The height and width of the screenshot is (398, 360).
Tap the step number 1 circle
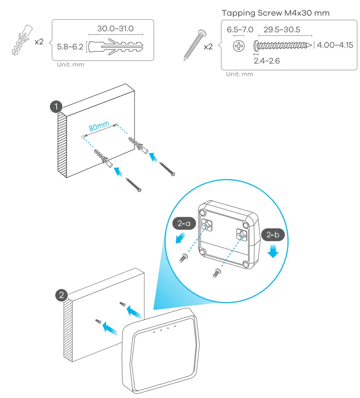[x=55, y=107]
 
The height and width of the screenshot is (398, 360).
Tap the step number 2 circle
[x=61, y=295]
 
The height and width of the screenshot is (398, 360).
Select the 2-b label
[x=273, y=235]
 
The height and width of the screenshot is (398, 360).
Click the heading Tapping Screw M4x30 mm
[x=276, y=13]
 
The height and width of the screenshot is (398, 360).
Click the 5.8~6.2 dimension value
[x=70, y=46]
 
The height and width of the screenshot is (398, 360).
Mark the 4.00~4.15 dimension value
[x=336, y=45]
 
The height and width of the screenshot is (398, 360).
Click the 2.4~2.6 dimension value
[x=267, y=60]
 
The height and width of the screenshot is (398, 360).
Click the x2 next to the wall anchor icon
[x=39, y=41]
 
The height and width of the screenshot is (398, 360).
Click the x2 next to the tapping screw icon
[x=208, y=47]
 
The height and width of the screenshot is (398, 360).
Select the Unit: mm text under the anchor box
[x=70, y=65]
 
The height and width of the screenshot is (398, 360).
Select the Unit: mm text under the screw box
[x=240, y=74]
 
